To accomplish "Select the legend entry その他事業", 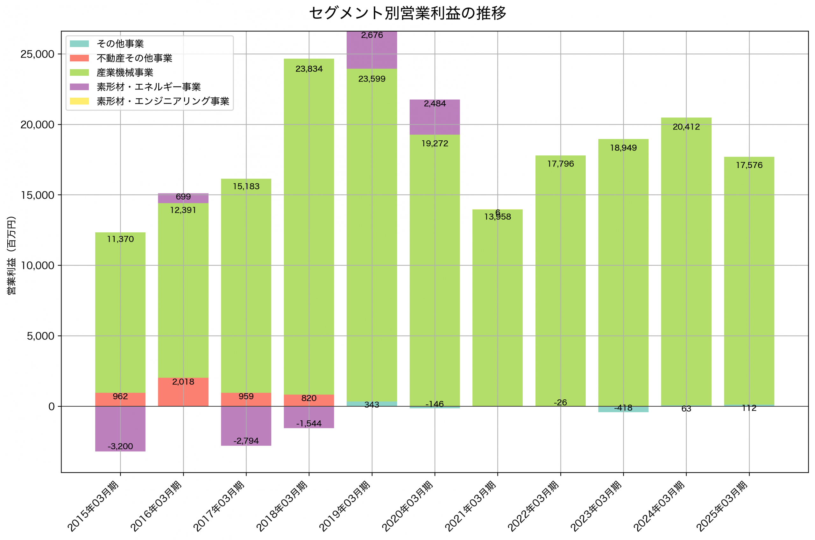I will (x=120, y=44).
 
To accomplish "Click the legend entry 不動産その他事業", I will (x=134, y=58).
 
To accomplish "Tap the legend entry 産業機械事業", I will (x=125, y=73).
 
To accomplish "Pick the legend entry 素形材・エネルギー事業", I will (x=148, y=87).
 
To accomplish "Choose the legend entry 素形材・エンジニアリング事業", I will (x=163, y=101).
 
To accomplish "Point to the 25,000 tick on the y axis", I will (x=37, y=54).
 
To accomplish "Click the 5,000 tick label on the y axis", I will (x=41, y=336).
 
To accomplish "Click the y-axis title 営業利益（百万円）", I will (x=11, y=255).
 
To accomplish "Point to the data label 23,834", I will (x=309, y=69).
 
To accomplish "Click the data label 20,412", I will (x=686, y=127).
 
